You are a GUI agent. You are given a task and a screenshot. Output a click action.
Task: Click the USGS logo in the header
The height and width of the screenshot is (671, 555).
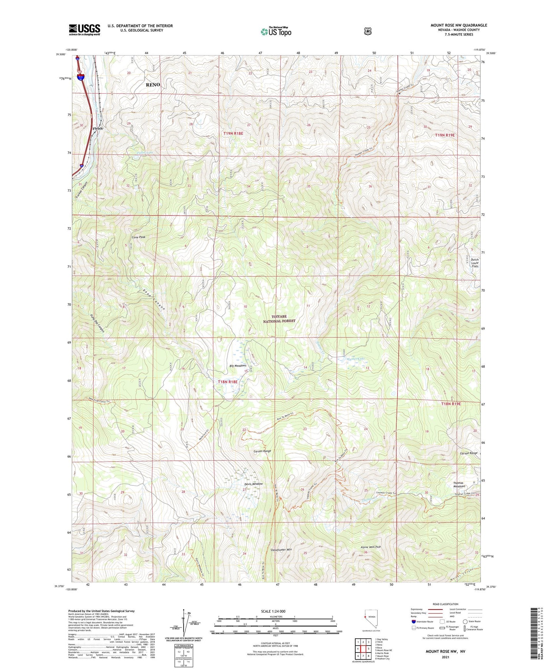[84, 30]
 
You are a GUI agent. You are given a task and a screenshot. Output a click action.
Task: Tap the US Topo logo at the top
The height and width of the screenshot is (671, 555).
[276, 32]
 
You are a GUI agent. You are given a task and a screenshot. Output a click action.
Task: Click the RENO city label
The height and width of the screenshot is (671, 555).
[153, 85]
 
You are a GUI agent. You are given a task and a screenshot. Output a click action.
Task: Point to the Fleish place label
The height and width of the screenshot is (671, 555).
[98, 128]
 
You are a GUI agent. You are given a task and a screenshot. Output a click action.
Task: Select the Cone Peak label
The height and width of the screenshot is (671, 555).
[139, 237]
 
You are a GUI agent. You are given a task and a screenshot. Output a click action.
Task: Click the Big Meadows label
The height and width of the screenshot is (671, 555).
[238, 365]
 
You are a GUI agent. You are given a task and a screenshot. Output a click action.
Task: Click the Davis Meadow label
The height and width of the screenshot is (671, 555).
[253, 484]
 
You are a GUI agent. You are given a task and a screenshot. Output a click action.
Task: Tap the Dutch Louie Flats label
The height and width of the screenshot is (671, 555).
[475, 262]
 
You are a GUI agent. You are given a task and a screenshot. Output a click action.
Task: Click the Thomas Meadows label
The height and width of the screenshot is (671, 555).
[458, 485]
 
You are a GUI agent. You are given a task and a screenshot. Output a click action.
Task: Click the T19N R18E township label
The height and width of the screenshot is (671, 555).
[234, 133]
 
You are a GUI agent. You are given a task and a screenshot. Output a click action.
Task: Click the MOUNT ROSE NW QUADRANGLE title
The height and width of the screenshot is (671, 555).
[459, 25]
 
